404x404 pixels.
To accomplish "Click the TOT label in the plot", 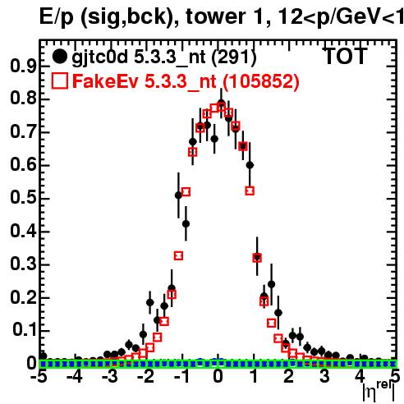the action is [345, 57].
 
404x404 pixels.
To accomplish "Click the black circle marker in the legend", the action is [59, 57].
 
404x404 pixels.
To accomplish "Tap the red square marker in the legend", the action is [59, 81].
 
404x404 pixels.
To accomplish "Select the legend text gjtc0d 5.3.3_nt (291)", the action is [164, 57].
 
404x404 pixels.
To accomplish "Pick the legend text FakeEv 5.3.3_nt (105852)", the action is [186, 81].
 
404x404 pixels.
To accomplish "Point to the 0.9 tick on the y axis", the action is [23, 67].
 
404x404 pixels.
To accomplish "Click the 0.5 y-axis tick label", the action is [23, 199].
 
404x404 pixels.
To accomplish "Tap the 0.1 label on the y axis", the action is [24, 330].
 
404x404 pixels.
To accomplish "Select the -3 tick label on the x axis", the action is [110, 376].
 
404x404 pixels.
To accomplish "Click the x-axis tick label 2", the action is [289, 376].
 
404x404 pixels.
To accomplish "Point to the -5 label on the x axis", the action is [39, 376].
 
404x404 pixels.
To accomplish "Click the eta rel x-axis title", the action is [379, 392].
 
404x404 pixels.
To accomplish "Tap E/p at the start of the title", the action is [57, 17].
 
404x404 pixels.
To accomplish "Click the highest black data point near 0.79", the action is [222, 104].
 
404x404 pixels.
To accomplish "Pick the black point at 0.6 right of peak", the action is [250, 165].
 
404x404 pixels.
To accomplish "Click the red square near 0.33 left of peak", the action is [178, 256].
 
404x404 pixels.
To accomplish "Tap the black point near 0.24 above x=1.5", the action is [271, 284].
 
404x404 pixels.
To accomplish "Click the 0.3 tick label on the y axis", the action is [23, 264].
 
